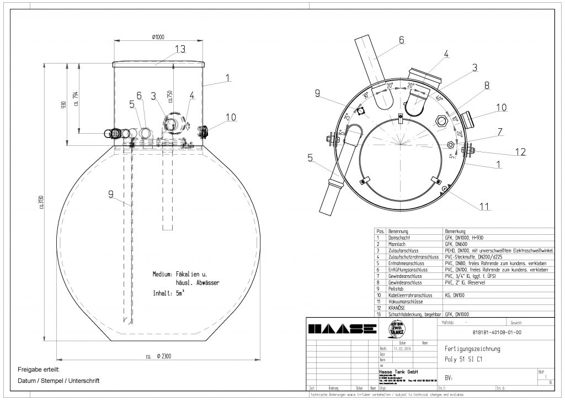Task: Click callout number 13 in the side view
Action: pyautogui.click(x=180, y=49)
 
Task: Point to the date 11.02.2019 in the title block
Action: pyautogui.click(x=403, y=349)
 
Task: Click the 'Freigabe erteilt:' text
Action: pyautogui.click(x=34, y=369)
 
